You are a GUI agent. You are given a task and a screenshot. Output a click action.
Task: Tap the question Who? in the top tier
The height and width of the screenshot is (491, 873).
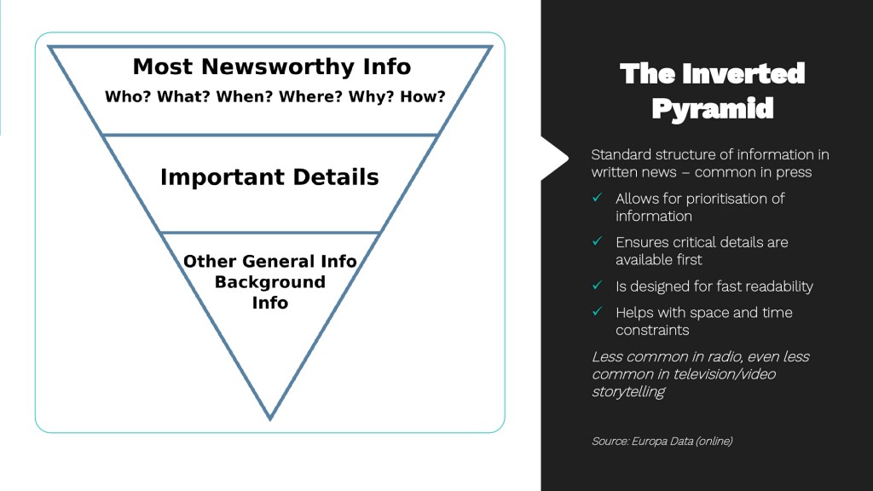128,97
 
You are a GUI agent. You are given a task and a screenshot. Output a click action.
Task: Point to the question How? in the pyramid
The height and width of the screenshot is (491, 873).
423,97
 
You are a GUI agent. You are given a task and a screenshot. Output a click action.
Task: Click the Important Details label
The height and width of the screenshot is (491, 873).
269,177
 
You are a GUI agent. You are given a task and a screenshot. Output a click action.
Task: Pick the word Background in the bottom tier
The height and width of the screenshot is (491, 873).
269,282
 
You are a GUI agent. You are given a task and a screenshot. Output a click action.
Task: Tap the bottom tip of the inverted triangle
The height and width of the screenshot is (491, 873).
270,417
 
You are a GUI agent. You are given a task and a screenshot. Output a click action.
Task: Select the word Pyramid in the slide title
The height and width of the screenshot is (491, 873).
713,109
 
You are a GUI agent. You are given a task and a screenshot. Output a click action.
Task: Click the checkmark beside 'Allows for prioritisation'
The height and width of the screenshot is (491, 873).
598,198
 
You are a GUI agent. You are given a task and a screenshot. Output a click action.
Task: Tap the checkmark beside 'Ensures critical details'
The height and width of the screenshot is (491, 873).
598,242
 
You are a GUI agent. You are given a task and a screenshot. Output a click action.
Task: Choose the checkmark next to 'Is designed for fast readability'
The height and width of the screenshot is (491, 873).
598,286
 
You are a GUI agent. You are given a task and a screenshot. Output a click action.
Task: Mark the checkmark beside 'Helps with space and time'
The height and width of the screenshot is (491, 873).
598,312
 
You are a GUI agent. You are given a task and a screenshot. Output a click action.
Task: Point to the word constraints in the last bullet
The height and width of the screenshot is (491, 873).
652,330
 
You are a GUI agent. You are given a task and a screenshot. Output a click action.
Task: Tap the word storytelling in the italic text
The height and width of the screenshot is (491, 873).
628,391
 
